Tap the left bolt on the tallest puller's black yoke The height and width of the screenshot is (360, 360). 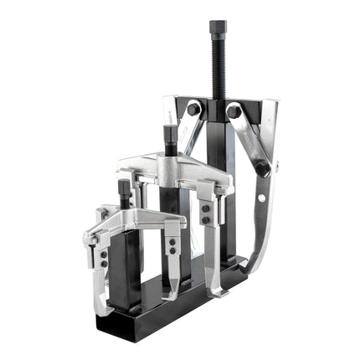(193, 110)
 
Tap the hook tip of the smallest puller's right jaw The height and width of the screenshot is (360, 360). (170, 296)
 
